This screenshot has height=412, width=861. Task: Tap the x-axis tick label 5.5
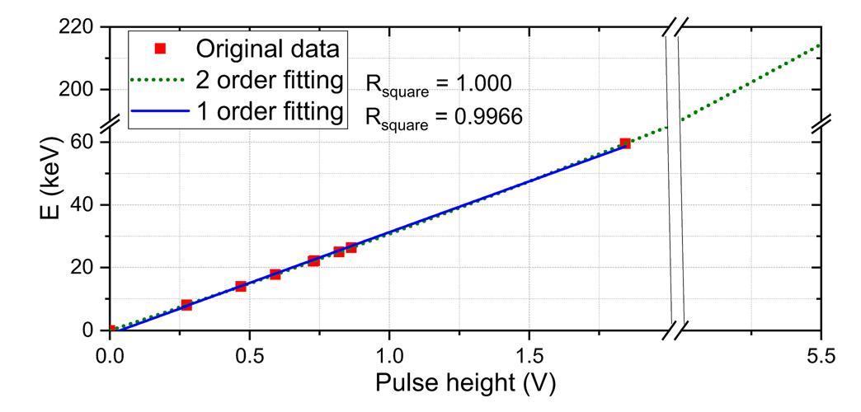pyautogui.click(x=821, y=356)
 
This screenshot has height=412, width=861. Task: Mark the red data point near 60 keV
pyautogui.click(x=625, y=143)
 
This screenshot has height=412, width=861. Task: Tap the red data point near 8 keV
pyautogui.click(x=186, y=305)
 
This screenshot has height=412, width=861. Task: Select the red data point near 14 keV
pyautogui.click(x=241, y=286)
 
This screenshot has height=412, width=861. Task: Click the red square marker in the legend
pyautogui.click(x=161, y=48)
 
